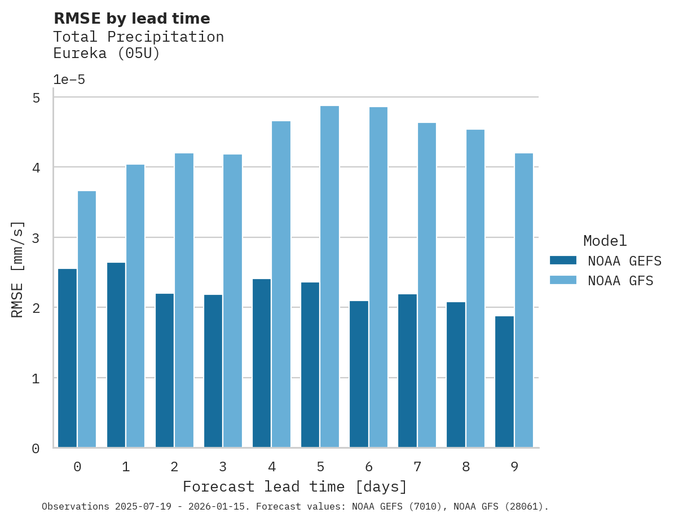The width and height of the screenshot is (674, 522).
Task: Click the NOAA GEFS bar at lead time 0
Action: coord(68,359)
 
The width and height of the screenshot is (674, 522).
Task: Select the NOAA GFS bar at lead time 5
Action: coord(329,277)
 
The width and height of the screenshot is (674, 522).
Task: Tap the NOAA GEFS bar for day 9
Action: coord(504,382)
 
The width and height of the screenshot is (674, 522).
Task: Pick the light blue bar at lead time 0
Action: coord(87,319)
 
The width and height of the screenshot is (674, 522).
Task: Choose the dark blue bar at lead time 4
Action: coord(262,364)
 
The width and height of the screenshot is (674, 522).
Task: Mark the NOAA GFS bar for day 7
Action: coord(426,285)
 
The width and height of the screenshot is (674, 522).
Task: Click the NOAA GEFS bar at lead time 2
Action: coord(165,370)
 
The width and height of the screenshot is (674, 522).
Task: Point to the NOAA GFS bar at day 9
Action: coord(524,300)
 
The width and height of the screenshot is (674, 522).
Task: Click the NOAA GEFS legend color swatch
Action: coord(563,260)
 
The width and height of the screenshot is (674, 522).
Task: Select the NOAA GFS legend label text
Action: coord(620,281)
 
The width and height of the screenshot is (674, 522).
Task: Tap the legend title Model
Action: coord(605,241)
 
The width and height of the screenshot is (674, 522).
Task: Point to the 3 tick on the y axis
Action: coord(36,238)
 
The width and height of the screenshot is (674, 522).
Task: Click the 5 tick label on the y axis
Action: coord(36,98)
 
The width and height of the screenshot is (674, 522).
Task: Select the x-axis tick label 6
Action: coord(369,467)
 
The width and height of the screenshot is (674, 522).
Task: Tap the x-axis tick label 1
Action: coord(126,467)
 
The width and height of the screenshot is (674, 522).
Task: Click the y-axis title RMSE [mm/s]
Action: coord(18,269)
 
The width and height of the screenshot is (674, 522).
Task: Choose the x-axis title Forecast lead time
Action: coord(295,486)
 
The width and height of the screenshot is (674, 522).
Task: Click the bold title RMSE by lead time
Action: coord(132,19)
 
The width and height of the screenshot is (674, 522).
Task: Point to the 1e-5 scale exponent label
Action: coord(69,80)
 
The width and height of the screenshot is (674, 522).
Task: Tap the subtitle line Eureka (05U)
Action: coord(107,54)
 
